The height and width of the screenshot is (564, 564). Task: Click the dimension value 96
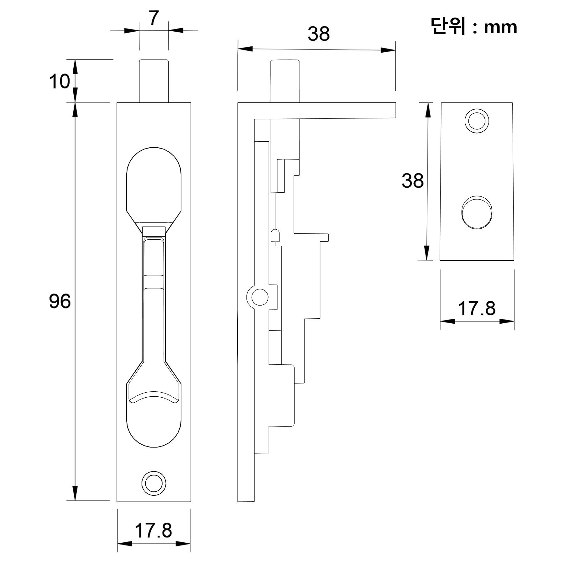click(x=60, y=301)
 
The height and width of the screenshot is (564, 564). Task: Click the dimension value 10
click(x=60, y=81)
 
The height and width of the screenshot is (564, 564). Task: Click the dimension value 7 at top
click(x=154, y=18)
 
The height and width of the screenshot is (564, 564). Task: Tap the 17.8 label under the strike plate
click(x=477, y=308)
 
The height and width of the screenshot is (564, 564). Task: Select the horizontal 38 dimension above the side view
click(x=319, y=34)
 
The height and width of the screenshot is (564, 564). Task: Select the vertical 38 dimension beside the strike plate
click(x=413, y=181)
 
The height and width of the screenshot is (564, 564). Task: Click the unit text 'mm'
click(x=500, y=27)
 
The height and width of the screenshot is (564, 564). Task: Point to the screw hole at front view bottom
click(x=154, y=483)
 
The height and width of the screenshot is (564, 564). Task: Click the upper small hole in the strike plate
click(x=477, y=121)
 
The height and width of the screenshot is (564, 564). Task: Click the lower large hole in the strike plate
click(x=477, y=212)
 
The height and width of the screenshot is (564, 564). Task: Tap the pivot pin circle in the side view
click(x=260, y=297)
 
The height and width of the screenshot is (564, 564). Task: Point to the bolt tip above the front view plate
click(x=154, y=81)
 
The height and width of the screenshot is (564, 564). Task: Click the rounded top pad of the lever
click(x=154, y=185)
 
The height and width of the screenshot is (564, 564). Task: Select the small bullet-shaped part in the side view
click(x=275, y=235)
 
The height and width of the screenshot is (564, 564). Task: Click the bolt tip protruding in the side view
click(x=285, y=81)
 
